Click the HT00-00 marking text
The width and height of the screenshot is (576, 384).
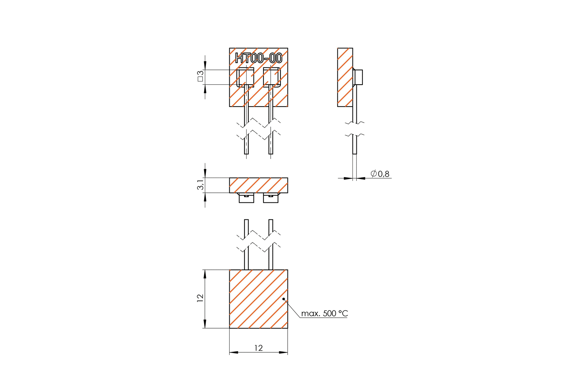pos(259,58)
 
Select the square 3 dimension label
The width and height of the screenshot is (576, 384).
pos(200,76)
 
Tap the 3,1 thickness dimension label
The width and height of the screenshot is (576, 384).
pos(200,185)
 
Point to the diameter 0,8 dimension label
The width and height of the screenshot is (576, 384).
pos(380,174)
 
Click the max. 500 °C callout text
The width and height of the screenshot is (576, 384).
pos(324,313)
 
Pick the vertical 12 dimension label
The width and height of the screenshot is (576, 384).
pos(200,298)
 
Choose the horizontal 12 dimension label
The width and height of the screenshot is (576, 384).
pos(258,348)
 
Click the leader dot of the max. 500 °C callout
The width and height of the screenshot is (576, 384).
pos(284,299)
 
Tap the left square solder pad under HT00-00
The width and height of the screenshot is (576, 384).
pos(245,77)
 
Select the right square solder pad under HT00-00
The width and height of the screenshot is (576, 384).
pos(272,77)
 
